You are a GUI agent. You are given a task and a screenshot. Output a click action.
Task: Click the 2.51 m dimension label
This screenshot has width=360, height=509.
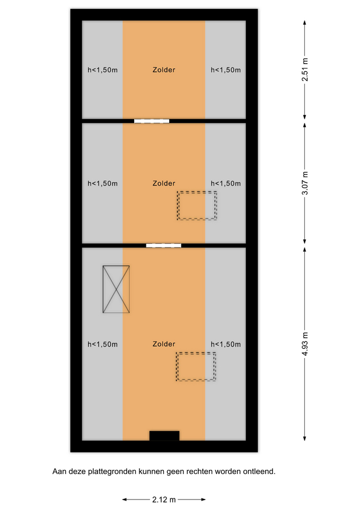pos(305,70)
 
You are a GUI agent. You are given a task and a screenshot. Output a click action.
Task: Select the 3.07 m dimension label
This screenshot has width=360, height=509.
pos(305,183)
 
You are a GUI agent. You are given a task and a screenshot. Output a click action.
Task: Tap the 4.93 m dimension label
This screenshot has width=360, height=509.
pos(305,344)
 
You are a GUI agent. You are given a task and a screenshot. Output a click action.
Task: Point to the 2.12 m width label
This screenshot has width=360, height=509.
pos(164,499)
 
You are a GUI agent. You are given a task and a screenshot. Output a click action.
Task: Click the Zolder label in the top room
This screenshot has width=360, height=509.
pos(164,70)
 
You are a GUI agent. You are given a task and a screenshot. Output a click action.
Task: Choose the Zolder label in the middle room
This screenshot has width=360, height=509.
pos(164,183)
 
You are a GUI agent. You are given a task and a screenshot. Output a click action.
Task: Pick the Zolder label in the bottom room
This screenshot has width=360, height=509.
pos(164,344)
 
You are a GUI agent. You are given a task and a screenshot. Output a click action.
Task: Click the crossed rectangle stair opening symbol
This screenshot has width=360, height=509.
pos(116,289)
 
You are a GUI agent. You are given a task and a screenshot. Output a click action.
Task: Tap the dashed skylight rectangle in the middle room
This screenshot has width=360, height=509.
pos(197,192)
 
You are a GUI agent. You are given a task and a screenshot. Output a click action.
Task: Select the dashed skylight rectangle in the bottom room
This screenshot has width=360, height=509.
pos(196,353)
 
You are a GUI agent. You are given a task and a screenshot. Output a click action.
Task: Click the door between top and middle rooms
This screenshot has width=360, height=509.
pos(152,121)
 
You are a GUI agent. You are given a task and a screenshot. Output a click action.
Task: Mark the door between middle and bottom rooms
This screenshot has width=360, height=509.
pos(164,245)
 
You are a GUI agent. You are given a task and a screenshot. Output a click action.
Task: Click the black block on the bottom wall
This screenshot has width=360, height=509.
pos(164,436)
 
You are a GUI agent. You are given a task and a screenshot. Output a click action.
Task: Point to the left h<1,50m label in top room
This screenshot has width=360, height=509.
pos(102,70)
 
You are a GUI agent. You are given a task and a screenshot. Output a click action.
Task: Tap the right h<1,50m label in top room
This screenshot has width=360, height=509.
pos(226,70)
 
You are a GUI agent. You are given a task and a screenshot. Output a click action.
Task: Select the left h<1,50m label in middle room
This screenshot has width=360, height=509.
pos(102,183)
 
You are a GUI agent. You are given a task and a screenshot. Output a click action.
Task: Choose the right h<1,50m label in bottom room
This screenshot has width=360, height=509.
pos(226,344)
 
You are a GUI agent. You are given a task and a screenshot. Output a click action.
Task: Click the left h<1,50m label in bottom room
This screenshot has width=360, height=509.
pos(102,344)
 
